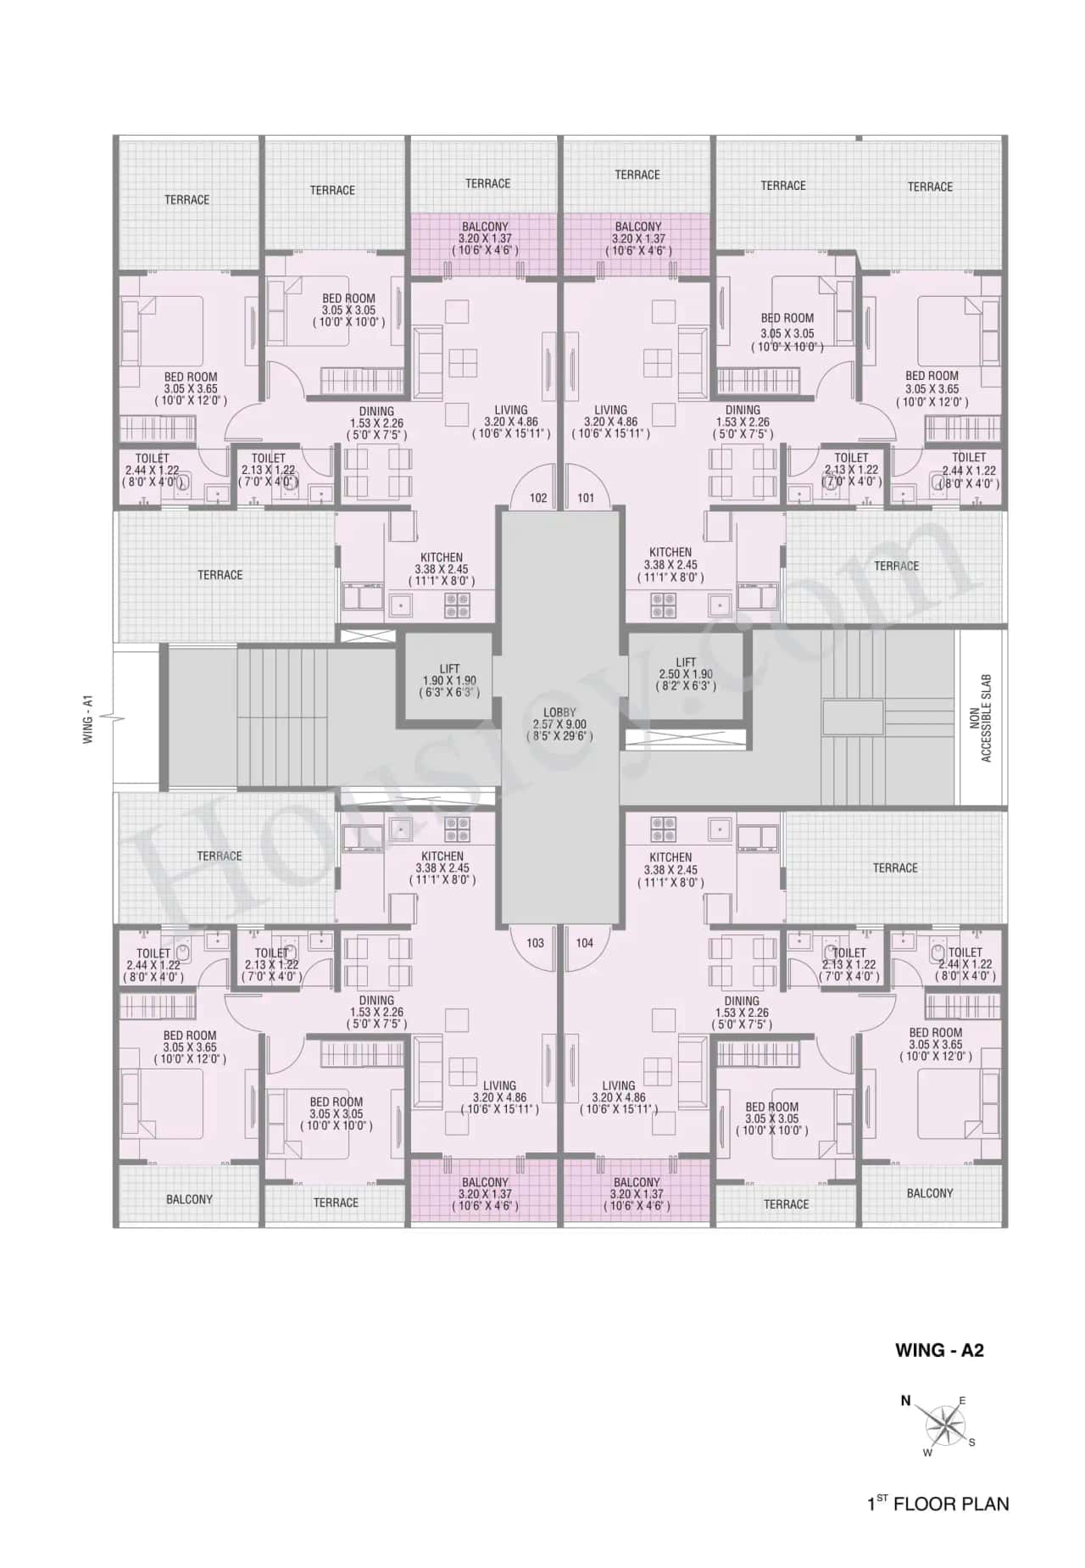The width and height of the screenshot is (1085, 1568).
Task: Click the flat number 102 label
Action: (x=538, y=498)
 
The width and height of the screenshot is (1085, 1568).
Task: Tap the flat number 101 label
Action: (x=586, y=498)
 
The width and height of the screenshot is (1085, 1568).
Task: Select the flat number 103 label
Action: (x=535, y=942)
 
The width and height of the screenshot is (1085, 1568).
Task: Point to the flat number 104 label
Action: (x=585, y=942)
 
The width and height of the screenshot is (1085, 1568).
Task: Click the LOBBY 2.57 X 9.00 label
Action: (x=559, y=724)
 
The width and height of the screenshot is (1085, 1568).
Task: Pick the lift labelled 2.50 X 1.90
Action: (x=686, y=674)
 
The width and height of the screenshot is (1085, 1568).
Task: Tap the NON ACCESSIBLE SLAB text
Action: (x=981, y=717)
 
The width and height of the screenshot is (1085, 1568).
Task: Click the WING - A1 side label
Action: (x=88, y=719)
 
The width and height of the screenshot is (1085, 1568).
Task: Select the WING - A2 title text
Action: (x=939, y=1350)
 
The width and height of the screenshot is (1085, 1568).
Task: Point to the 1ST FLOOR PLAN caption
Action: (x=938, y=1504)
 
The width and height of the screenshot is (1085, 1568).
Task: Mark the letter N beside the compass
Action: (x=905, y=1401)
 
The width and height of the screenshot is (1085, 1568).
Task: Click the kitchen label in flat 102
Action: (x=442, y=569)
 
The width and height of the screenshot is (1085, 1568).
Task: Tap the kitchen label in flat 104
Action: (x=670, y=869)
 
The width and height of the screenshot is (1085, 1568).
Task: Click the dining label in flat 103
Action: (x=376, y=1012)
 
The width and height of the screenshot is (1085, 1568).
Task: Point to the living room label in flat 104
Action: (x=618, y=1096)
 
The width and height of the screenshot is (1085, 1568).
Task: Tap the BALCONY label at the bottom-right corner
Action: (x=930, y=1193)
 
